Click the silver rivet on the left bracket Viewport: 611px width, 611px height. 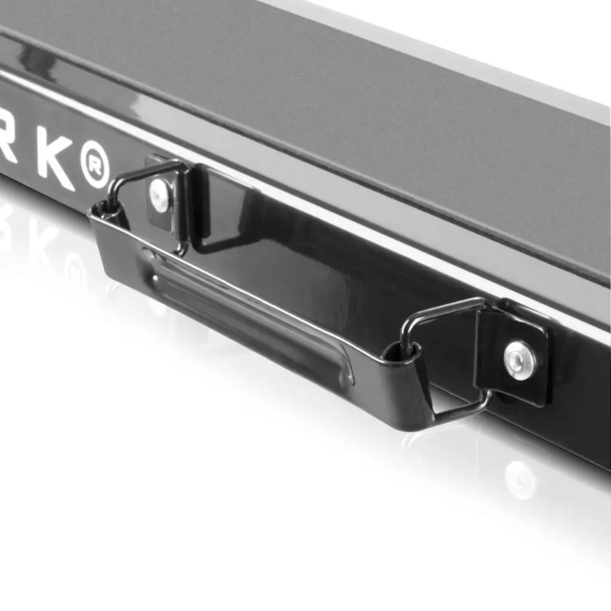159,195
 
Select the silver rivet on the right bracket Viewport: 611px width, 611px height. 520,360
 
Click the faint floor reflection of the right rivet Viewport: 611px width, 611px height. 520,480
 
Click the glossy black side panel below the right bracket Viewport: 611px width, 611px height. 573,430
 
